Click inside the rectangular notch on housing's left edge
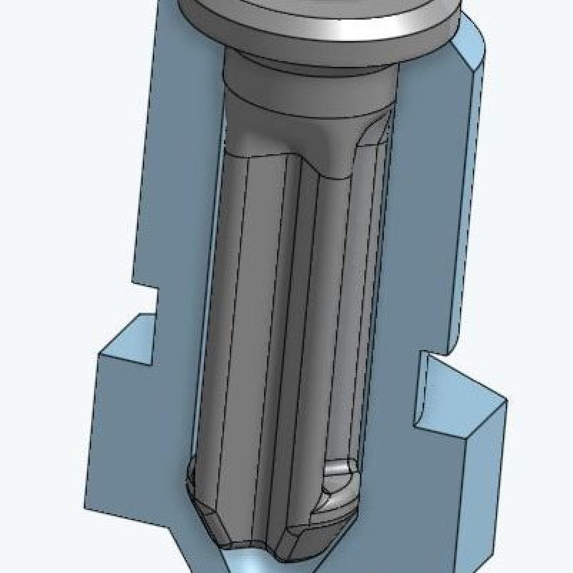click(146, 301)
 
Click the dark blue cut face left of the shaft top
click(181, 143)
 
